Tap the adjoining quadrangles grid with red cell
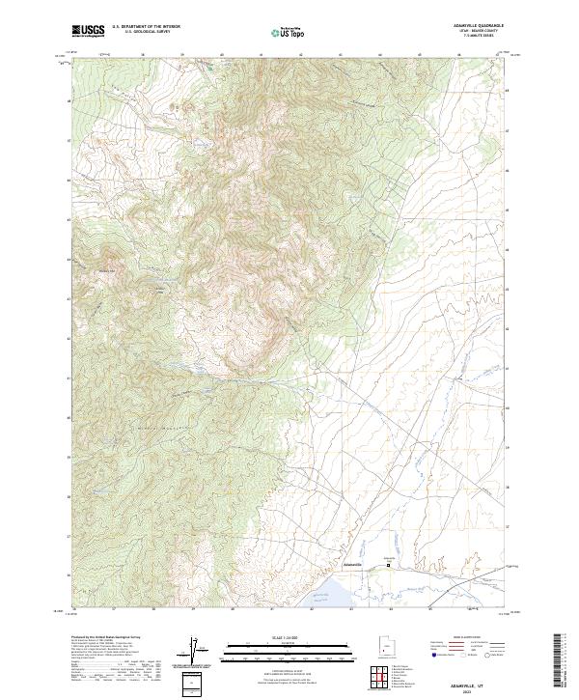[x=382, y=679]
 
